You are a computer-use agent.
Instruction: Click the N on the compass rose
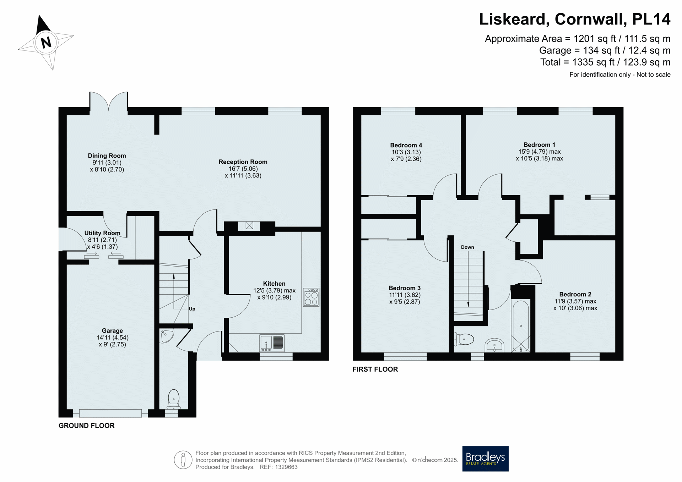click(x=46, y=43)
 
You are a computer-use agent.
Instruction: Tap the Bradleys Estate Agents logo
click(x=485, y=459)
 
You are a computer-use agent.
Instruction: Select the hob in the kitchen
click(x=311, y=297)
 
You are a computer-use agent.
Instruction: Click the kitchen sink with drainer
click(x=272, y=343)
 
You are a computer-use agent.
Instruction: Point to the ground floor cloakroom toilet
click(x=174, y=400)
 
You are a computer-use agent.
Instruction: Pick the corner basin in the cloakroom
click(x=167, y=336)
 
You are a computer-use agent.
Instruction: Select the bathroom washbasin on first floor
click(x=494, y=345)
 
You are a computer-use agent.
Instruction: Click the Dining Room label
click(x=107, y=155)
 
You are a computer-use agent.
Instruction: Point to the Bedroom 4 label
click(x=406, y=145)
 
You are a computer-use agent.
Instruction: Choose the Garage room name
click(x=112, y=331)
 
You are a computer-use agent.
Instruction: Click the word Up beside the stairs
click(x=192, y=309)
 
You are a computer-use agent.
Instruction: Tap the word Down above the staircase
click(x=467, y=247)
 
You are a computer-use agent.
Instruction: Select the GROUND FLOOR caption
click(x=86, y=426)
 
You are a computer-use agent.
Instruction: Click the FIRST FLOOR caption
click(x=375, y=369)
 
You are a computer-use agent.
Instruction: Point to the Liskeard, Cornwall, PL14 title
click(x=575, y=19)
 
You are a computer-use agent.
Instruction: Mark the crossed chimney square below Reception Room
click(x=249, y=225)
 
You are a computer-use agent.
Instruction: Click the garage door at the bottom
click(x=110, y=413)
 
